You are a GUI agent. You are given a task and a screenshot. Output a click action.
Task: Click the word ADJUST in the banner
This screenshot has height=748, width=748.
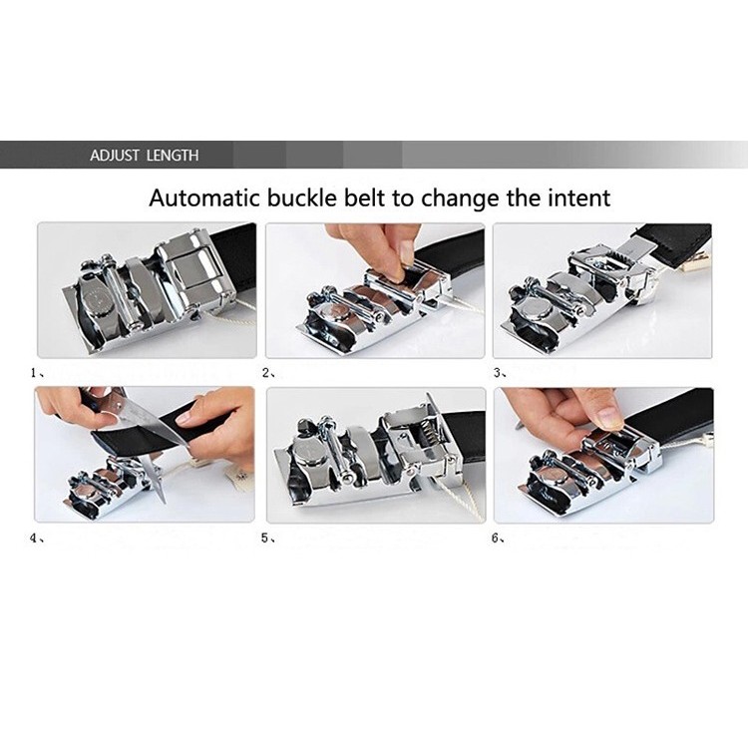tap(115, 156)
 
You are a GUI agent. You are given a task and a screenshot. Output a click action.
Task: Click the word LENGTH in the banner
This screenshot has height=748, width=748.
tap(173, 156)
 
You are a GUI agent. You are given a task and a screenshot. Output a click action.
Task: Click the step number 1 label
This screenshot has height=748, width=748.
tap(34, 373)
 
